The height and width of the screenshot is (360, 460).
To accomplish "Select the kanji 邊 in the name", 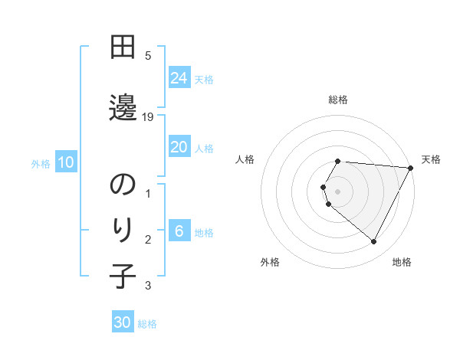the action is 123,106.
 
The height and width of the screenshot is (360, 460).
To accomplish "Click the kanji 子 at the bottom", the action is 123,275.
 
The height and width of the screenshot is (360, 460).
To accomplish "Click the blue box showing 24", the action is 179,78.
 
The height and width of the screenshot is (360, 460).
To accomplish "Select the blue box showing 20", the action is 179,147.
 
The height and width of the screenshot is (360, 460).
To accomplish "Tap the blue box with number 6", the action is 179,231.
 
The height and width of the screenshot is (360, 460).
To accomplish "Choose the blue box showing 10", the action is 65,162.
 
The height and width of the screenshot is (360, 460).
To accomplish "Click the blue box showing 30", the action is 123,322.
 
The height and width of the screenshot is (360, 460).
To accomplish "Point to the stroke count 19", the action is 149,117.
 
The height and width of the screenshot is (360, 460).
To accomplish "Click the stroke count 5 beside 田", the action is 148,55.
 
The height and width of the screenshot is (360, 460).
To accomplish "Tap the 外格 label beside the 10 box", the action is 41,163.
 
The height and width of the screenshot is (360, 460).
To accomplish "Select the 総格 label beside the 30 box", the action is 147,324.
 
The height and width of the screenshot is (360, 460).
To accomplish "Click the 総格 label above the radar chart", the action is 338,100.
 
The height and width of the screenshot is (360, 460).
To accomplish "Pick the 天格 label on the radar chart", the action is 431,159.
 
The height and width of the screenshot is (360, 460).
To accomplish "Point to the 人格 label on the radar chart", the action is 245,159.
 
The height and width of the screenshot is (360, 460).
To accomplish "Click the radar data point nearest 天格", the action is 410,167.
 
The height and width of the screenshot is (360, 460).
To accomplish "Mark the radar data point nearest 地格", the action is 373,242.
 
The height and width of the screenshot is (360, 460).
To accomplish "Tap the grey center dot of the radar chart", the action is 338,191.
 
